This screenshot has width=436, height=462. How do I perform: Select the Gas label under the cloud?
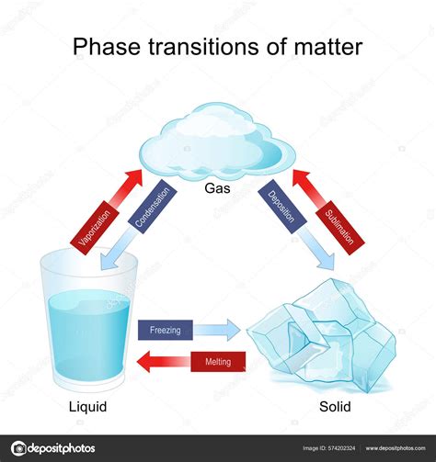(x=218, y=186)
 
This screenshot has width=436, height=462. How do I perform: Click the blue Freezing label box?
(x=165, y=330)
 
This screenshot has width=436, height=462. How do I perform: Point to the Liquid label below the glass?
(x=88, y=405)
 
